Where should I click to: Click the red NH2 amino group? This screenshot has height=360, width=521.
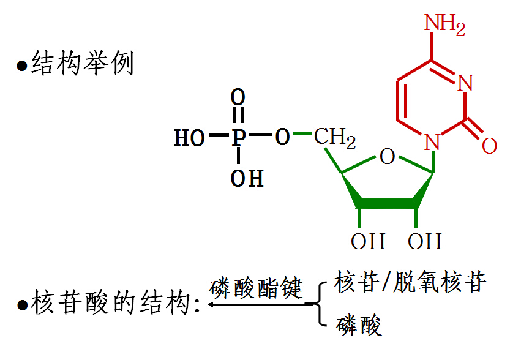[x=445, y=25]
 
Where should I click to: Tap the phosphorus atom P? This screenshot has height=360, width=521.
[x=238, y=137]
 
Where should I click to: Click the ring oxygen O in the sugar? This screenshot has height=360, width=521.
[x=387, y=157]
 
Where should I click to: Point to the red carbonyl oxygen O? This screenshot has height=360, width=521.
[x=489, y=146]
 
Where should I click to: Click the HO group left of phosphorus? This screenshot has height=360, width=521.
[x=189, y=138]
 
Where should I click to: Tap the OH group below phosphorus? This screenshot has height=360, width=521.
[x=247, y=179]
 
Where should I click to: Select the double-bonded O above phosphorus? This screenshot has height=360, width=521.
[x=238, y=97]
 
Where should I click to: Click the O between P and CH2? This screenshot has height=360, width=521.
[x=282, y=137]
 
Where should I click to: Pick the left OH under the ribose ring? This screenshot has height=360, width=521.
[x=368, y=241]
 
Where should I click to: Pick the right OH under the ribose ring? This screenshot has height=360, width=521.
[x=425, y=241]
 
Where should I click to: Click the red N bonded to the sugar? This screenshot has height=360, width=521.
[x=433, y=143]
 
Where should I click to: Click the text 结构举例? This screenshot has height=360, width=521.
[x=82, y=64]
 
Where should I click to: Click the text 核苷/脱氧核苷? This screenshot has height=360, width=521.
[x=410, y=282]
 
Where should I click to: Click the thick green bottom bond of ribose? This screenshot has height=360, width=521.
[x=387, y=202]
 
